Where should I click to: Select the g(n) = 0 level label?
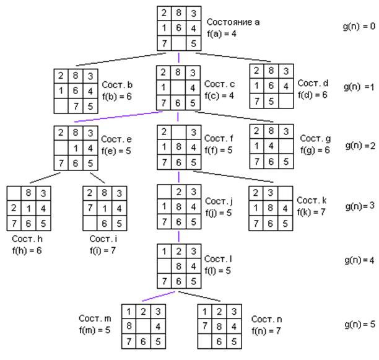click(359, 27)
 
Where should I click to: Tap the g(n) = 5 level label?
click(359, 324)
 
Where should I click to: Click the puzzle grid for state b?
click(75, 91)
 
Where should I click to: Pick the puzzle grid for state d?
click(271, 87)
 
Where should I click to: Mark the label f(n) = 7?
click(268, 330)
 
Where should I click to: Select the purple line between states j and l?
click(178, 236)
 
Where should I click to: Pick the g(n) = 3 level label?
click(359, 205)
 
